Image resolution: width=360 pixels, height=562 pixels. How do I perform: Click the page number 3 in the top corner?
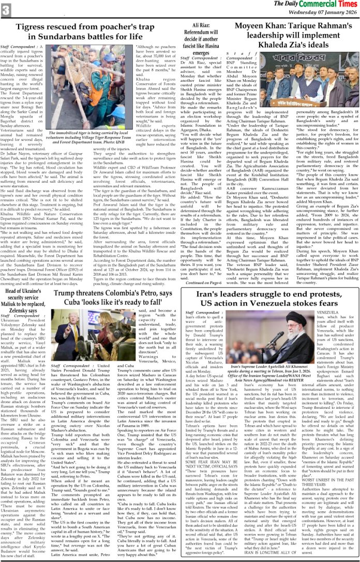click(x=7, y=9)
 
